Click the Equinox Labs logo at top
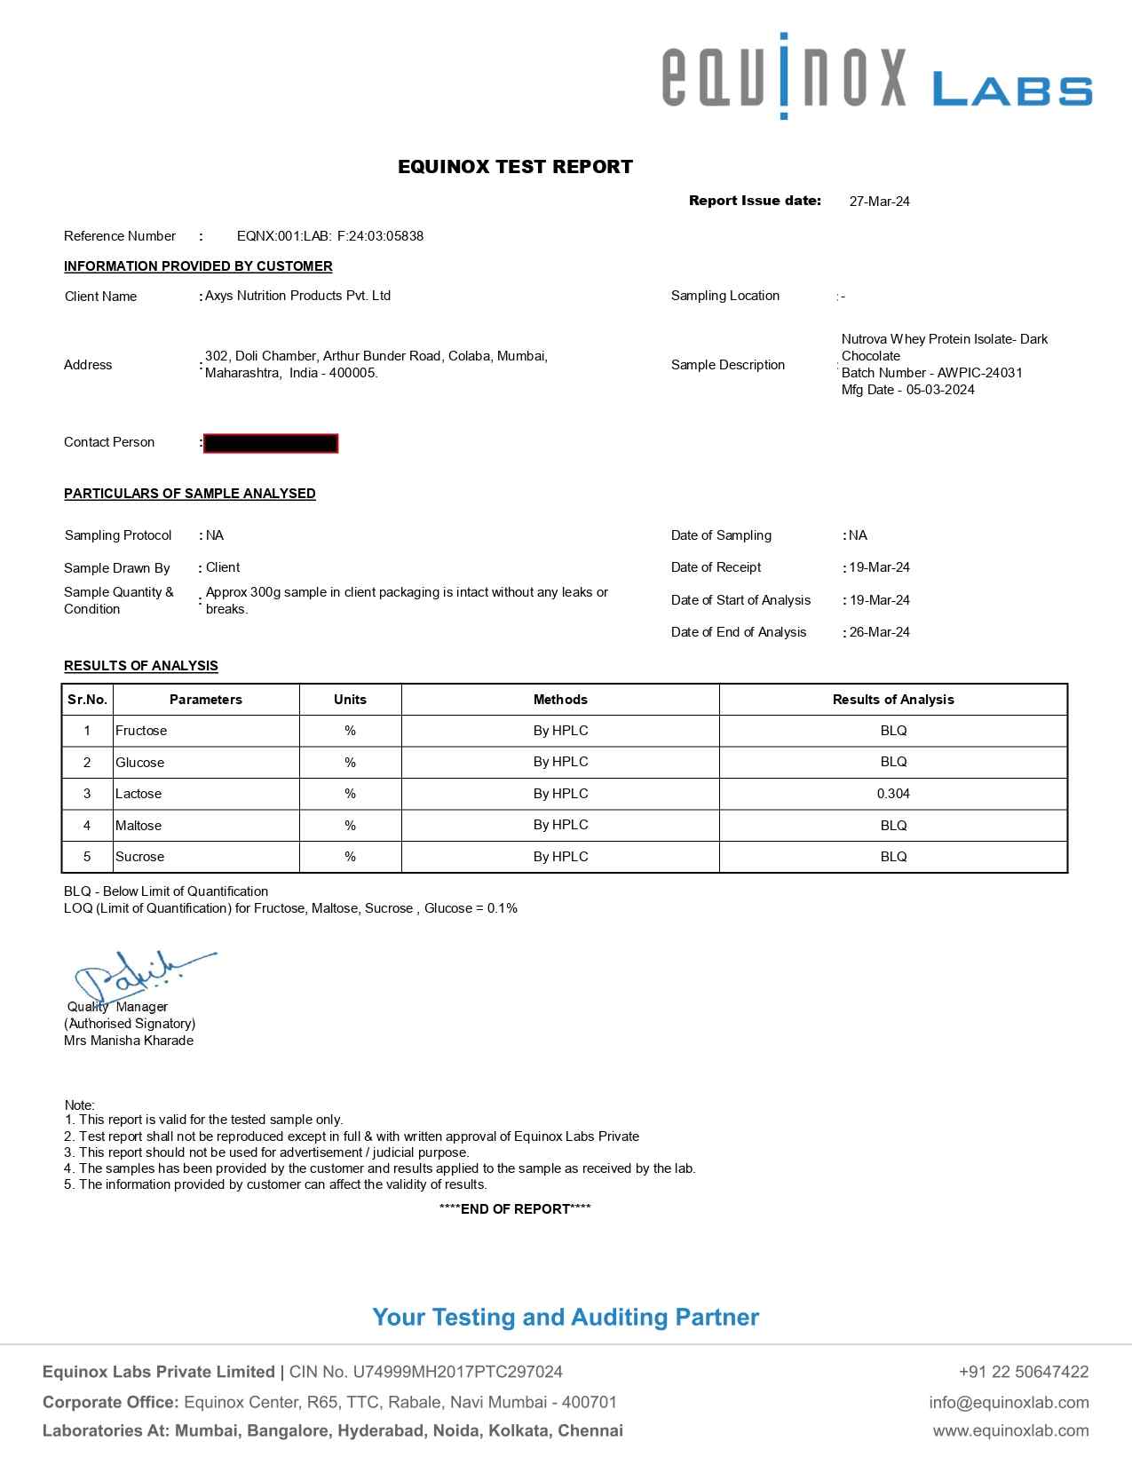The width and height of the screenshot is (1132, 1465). [876, 78]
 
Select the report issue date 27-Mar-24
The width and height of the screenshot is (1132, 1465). [879, 202]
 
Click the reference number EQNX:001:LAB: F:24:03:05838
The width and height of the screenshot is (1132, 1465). [329, 236]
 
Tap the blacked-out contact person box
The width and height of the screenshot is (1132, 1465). [271, 443]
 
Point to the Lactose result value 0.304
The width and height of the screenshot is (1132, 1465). [893, 794]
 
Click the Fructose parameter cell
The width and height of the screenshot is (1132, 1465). [141, 731]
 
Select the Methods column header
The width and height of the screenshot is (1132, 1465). [560, 700]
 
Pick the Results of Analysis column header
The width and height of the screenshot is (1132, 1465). [893, 700]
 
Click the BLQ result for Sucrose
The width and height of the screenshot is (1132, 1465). [893, 857]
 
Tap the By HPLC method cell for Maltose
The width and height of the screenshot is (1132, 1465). [560, 825]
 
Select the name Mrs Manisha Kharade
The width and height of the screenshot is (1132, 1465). [129, 1041]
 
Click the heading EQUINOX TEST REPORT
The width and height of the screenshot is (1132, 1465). [515, 167]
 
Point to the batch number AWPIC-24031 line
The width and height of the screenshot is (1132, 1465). [931, 373]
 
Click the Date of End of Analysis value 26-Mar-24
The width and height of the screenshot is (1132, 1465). [879, 632]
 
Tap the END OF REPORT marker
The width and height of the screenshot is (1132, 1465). [515, 1208]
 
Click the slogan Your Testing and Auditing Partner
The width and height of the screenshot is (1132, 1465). [566, 1317]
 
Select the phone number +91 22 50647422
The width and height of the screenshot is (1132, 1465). [1024, 1372]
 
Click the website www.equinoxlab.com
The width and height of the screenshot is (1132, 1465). [1010, 1430]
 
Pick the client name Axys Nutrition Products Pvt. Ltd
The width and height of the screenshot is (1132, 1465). [297, 296]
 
